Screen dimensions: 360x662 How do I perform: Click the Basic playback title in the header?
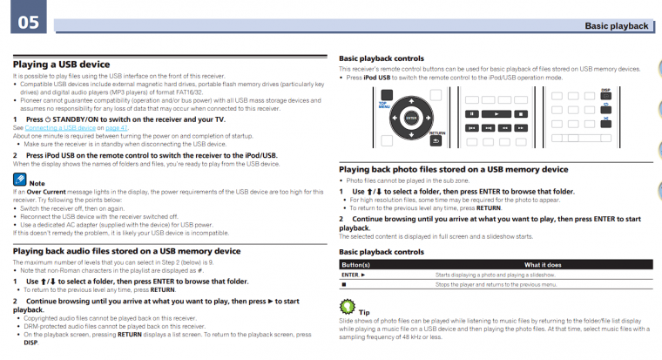617,26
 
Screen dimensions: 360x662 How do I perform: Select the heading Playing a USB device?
61,65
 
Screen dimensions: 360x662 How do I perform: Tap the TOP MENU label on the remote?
383,105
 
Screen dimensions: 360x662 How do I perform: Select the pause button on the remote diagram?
471,113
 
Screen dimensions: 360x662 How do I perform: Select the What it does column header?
542,264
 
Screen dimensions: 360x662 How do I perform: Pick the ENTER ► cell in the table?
355,275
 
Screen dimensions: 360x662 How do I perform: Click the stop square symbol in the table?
344,285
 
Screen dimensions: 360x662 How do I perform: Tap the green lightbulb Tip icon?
347,307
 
